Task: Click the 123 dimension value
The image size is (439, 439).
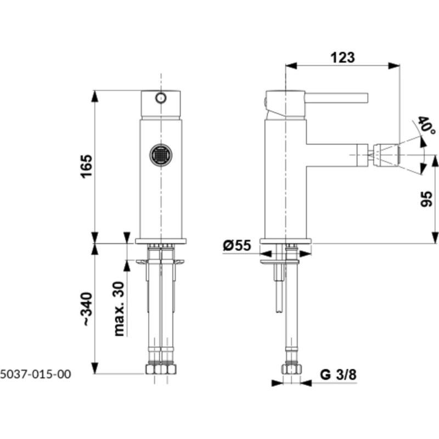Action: (x=342, y=57)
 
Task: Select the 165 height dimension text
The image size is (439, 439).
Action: (x=87, y=166)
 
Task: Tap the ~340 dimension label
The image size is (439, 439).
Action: (x=87, y=308)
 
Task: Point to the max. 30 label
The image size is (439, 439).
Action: (x=119, y=308)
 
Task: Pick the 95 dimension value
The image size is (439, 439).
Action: (x=427, y=199)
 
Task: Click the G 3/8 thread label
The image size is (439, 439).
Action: (x=338, y=374)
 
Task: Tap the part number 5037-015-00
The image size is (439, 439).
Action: (x=36, y=374)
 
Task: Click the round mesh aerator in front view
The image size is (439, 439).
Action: (x=161, y=155)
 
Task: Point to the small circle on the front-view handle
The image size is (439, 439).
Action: (x=161, y=98)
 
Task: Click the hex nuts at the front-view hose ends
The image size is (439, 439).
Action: (x=161, y=369)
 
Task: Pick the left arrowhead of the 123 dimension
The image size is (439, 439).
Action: (x=291, y=65)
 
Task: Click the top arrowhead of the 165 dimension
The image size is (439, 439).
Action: (x=95, y=95)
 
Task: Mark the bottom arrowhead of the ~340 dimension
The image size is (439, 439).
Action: (x=95, y=368)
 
